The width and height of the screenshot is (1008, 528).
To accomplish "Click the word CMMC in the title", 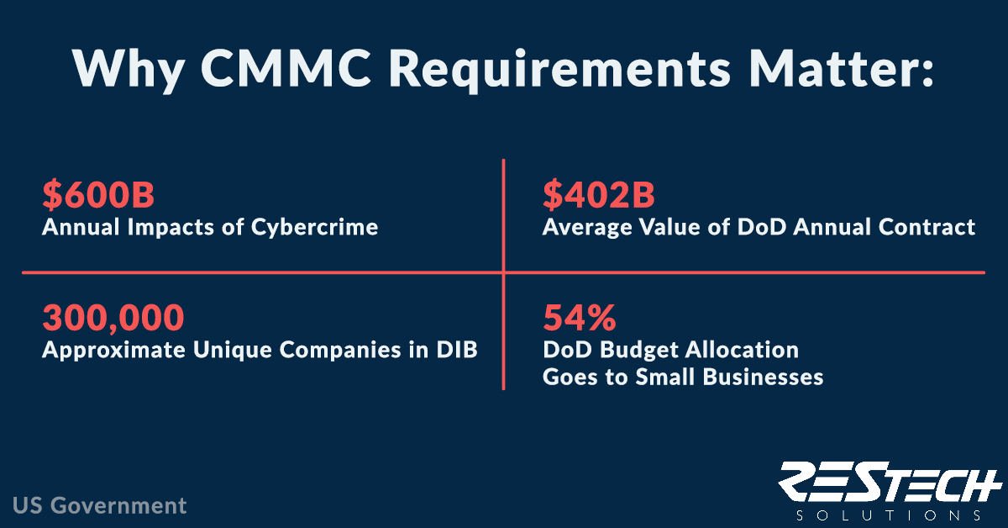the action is (286, 69).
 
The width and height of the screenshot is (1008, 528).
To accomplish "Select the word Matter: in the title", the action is (842, 69).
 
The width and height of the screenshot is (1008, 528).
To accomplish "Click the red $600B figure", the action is (98, 194).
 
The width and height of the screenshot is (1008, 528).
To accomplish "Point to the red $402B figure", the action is (598, 194).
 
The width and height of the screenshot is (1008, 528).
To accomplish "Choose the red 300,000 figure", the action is (113, 318).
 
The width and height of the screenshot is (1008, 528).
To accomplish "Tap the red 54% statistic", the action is (579, 318).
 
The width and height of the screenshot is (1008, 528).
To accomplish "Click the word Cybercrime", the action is (314, 228).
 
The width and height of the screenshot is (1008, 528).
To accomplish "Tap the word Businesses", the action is (763, 377).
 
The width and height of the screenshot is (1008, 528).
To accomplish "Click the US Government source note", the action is (99, 505).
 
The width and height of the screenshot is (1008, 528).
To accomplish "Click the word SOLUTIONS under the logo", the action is (889, 515).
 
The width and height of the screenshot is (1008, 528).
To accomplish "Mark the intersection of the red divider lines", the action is (503, 272).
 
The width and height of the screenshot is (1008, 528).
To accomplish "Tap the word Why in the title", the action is (129, 71).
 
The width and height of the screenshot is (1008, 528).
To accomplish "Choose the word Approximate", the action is (113, 351).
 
